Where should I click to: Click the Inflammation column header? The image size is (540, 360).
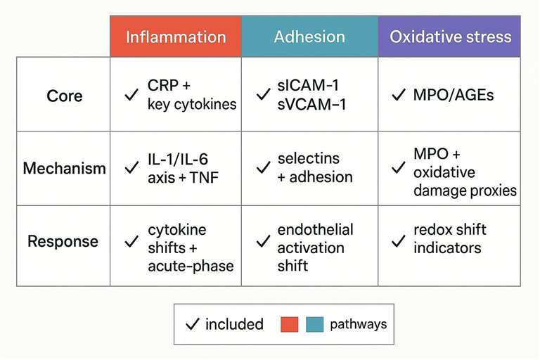coord(176,37)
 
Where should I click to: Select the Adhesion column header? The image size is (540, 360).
coord(309,37)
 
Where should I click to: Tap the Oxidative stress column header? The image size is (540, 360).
coord(450,37)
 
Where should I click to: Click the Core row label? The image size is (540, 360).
coord(64,95)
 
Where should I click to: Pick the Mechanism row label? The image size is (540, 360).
coord(64,169)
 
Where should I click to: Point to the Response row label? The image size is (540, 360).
coord(64,241)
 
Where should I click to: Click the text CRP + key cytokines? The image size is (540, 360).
coord(192,95)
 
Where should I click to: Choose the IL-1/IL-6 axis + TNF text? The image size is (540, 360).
coord(184,169)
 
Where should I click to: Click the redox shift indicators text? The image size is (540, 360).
coord(450,239)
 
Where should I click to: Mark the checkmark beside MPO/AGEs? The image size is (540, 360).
coord(398,95)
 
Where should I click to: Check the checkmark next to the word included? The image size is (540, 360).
coord(191,324)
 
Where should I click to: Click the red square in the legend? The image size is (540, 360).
coord(289,324)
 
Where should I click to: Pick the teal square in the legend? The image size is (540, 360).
coord(315,324)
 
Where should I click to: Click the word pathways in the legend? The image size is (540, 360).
coord(358,324)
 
